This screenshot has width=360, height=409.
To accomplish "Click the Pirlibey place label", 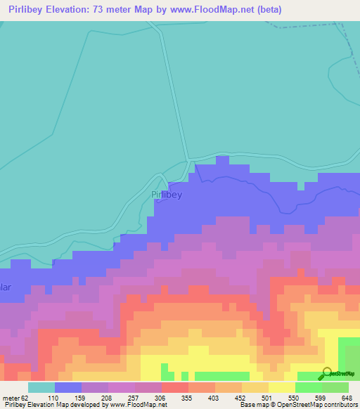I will pyautogui.click(x=167, y=195).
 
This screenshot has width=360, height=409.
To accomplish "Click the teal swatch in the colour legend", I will pyautogui.click(x=41, y=387).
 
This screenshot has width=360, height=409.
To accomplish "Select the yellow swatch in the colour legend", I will pyautogui.click(x=281, y=387).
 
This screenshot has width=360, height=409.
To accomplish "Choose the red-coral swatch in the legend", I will pyautogui.click(x=174, y=387).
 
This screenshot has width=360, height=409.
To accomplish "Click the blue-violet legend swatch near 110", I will pyautogui.click(x=67, y=387).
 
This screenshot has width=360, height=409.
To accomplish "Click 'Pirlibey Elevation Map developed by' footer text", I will pyautogui.click(x=53, y=405).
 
